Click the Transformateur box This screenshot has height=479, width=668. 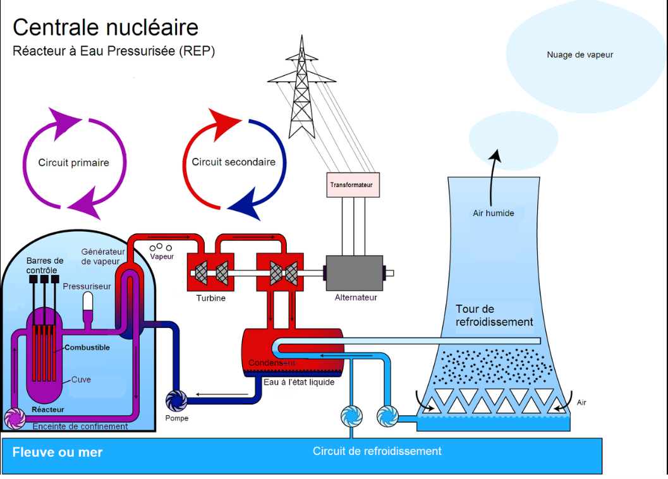(353, 185)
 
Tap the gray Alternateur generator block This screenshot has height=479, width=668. (355, 273)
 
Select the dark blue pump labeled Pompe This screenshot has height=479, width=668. (176, 401)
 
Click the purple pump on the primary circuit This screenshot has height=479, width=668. (15, 418)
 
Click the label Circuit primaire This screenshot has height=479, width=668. (74, 163)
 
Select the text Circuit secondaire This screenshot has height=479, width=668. (233, 162)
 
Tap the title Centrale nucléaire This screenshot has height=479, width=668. (106, 27)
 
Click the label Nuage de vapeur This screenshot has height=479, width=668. (580, 54)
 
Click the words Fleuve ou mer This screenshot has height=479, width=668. (58, 452)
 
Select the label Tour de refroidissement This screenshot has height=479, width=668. (494, 315)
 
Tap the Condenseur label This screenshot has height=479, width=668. (272, 363)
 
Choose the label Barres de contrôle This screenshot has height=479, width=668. (45, 265)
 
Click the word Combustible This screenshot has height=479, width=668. (87, 348)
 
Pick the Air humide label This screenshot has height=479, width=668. (494, 213)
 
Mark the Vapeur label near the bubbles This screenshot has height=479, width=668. (162, 257)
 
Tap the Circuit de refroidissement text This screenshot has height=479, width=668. (377, 451)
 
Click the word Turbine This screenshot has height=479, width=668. (211, 298)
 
